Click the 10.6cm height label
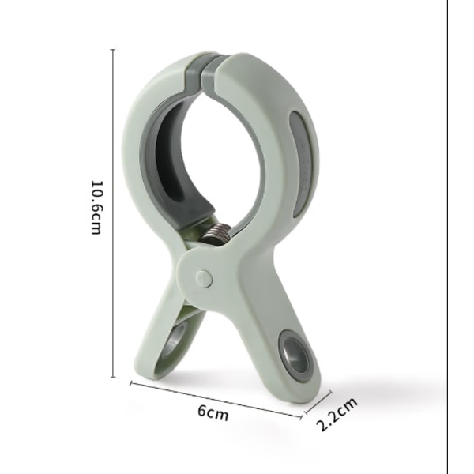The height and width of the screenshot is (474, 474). [98, 208]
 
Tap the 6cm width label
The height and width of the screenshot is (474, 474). [213, 412]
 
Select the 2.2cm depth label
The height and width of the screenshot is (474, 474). [337, 414]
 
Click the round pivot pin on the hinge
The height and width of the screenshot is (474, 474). [204, 278]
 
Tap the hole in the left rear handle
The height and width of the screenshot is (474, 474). [175, 339]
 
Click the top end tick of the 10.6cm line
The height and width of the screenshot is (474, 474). [113, 49]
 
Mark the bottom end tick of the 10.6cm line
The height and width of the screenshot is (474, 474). [113, 377]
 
